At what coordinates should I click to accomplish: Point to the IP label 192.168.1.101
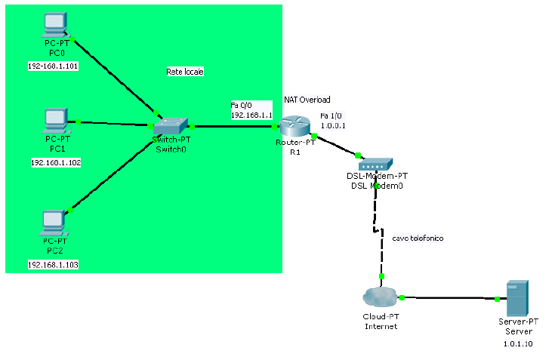tap(54, 66)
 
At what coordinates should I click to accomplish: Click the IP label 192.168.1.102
tap(56, 162)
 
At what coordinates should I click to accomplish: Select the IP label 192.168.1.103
tap(53, 265)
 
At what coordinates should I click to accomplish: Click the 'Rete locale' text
tap(185, 72)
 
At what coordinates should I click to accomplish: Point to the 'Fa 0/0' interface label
tap(242, 105)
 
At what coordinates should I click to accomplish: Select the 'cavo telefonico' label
tap(418, 238)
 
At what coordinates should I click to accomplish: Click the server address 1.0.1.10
tap(518, 343)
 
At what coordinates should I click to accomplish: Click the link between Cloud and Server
tap(449, 298)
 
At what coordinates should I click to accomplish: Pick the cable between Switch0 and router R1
tap(234, 127)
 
